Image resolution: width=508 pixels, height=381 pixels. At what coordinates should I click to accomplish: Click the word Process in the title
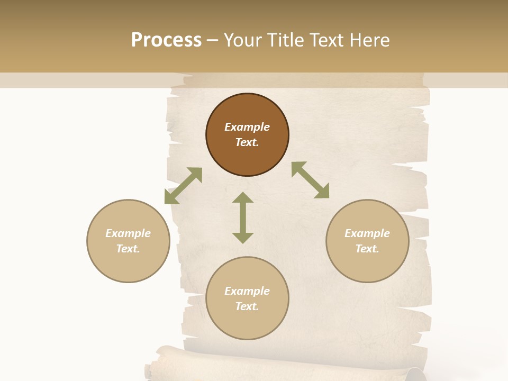[x=166, y=40]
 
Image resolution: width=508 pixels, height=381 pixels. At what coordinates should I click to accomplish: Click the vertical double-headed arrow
[x=243, y=217]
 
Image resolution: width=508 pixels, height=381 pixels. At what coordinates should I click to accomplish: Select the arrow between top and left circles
[x=183, y=186]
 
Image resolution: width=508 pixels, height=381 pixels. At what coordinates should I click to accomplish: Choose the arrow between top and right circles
[x=310, y=180]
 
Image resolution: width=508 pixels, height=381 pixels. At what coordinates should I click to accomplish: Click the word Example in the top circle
[x=247, y=127]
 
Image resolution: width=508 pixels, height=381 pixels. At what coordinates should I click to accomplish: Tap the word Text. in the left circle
[x=128, y=249]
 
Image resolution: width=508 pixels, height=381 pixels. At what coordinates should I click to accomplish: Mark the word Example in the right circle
[x=367, y=233]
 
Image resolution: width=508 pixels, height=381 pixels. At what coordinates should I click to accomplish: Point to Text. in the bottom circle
[x=247, y=306]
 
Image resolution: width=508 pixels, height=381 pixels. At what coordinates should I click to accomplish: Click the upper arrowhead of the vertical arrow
[x=243, y=198]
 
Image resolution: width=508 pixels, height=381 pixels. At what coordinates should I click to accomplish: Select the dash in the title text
[x=213, y=41]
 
